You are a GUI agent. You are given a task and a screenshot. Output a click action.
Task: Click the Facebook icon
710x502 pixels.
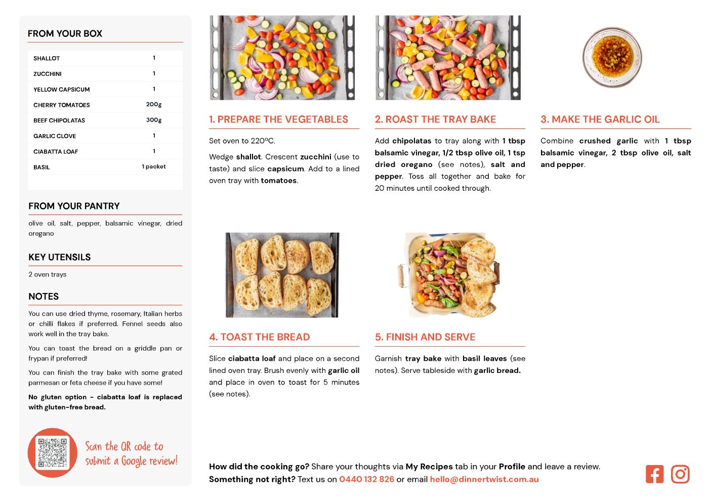654,474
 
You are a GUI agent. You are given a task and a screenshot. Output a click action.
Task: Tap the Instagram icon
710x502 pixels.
680,474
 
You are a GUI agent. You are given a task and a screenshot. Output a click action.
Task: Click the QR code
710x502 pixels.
53,453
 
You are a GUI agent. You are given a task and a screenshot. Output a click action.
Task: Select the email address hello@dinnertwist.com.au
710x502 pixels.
484,479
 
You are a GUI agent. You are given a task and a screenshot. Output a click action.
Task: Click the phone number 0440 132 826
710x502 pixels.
367,479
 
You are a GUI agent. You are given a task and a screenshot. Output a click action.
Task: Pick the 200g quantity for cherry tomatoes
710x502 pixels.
154,105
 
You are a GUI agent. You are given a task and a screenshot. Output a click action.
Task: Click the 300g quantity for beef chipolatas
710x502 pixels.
154,120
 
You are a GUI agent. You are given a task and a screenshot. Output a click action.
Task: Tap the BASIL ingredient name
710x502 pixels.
41,168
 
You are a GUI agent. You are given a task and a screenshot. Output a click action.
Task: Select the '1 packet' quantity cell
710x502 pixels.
154,166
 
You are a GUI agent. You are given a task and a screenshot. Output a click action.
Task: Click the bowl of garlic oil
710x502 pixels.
612,57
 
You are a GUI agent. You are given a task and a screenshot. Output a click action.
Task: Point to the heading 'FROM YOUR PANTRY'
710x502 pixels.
74,206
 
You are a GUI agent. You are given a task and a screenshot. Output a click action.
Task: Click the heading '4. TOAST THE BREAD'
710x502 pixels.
259,337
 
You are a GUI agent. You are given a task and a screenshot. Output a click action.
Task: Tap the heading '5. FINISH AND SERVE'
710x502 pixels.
425,337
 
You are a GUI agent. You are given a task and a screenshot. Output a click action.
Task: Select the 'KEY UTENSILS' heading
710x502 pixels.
60,257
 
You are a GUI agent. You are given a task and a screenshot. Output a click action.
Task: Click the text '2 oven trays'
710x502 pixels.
48,274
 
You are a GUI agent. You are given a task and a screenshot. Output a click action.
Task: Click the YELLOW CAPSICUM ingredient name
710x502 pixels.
62,90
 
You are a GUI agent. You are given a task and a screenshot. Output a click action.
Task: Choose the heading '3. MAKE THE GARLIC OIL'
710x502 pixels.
600,119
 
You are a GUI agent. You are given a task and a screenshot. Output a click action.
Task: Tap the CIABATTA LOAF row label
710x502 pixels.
56,152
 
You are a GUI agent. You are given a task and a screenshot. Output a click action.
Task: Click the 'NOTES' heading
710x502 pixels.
44,297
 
